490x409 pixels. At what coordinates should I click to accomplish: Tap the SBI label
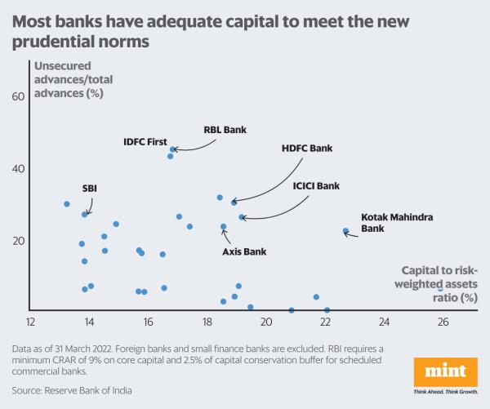(x=90, y=189)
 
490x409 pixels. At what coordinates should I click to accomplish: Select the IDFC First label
(x=145, y=141)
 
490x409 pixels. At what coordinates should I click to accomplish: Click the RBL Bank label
(x=225, y=129)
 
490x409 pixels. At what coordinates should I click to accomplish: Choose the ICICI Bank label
(x=316, y=186)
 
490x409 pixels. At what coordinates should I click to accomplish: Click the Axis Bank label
(x=244, y=251)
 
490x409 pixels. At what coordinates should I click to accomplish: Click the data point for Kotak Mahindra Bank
(x=345, y=231)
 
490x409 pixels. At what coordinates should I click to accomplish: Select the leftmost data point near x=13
(x=66, y=204)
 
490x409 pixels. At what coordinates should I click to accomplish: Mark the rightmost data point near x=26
(x=441, y=288)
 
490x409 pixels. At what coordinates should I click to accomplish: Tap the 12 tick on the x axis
(x=31, y=322)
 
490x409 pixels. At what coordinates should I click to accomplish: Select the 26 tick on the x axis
(x=443, y=322)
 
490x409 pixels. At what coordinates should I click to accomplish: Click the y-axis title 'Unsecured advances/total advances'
(x=71, y=79)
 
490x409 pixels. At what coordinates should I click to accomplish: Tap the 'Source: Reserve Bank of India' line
(x=72, y=390)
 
